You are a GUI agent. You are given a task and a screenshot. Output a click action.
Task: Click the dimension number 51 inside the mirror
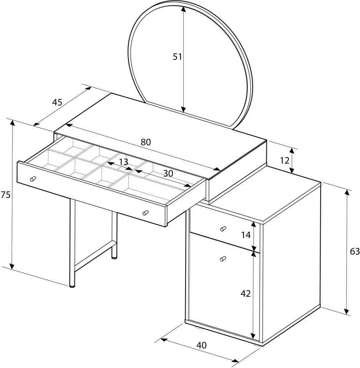click(177, 57)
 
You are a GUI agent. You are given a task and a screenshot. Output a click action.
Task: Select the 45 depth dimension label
click(57, 102)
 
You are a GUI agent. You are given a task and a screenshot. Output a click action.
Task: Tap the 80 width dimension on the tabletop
click(146, 142)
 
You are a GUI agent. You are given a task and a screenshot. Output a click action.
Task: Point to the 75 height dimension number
click(5, 195)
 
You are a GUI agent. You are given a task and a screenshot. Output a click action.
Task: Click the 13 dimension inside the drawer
click(123, 162)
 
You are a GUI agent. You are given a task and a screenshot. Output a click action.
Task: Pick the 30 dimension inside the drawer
click(168, 173)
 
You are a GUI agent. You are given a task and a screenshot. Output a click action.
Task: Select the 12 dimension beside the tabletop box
click(284, 161)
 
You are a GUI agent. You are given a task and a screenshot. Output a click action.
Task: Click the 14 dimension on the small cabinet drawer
click(246, 235)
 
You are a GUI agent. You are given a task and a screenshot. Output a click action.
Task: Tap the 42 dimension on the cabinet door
click(246, 293)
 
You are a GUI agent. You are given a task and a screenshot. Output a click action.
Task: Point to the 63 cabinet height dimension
click(355, 251)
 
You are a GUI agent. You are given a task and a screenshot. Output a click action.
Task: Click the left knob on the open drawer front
click(33, 178)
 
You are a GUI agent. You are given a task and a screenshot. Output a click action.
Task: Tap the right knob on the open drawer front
click(145, 212)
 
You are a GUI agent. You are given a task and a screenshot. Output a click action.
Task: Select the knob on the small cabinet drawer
click(223, 228)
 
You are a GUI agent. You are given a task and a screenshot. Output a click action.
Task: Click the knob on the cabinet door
click(223, 258)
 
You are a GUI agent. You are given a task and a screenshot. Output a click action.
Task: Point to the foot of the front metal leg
click(72, 286)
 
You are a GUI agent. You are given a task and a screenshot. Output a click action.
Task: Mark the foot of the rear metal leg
click(114, 257)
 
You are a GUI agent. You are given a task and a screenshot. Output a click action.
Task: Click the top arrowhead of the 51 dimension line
click(184, 10)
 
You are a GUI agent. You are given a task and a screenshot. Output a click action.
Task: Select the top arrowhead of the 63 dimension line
click(347, 193)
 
